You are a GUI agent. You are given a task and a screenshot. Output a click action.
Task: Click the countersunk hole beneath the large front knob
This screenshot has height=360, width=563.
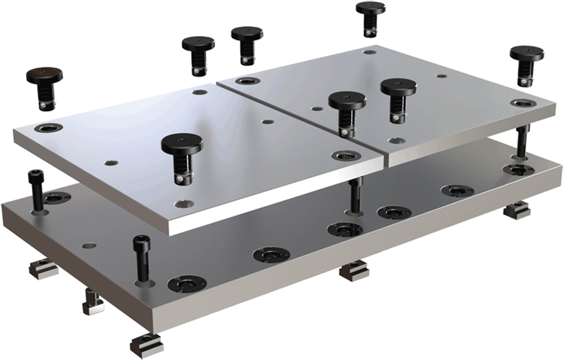point(185,204)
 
